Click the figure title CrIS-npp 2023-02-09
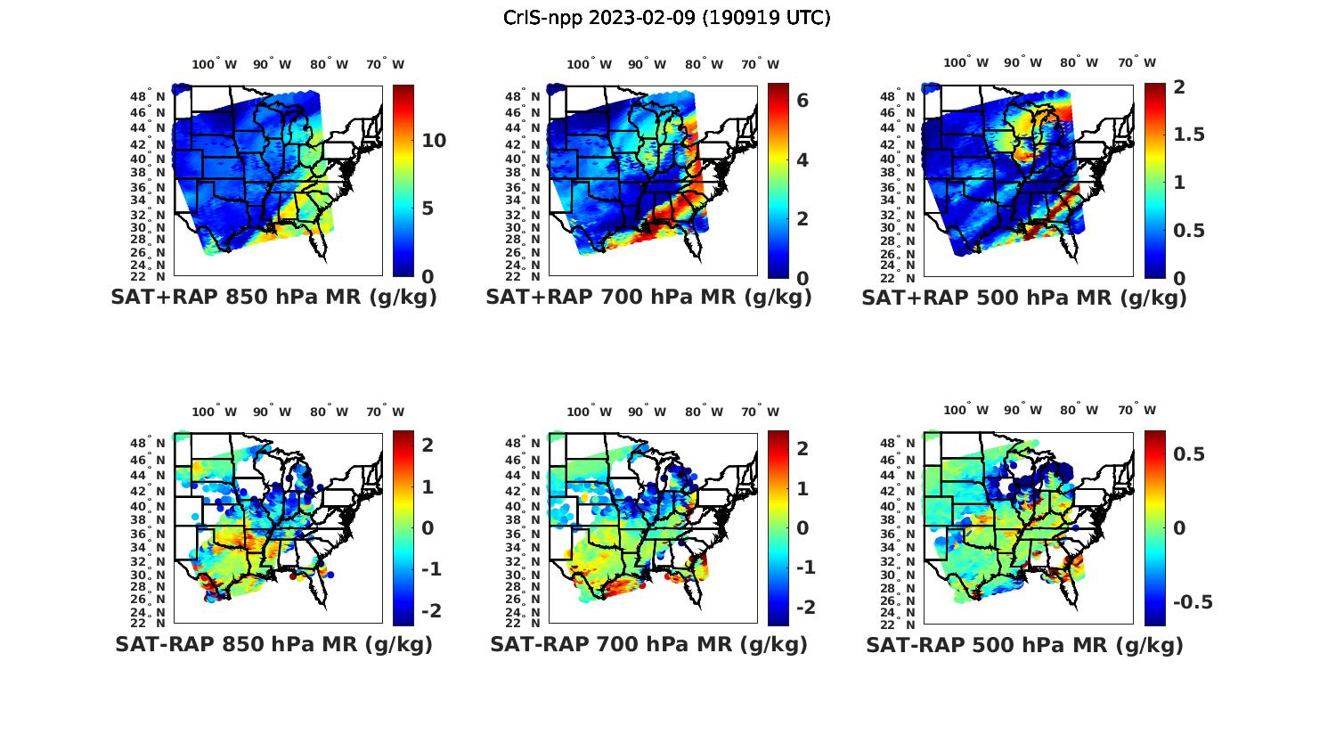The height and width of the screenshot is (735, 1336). pos(666,18)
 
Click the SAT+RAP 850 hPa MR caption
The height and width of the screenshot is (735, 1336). pos(273,298)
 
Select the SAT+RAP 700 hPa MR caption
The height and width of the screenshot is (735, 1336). pos(648,298)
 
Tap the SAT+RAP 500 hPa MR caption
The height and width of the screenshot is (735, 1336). pos(1024,298)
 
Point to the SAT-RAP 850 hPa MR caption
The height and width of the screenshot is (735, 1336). pos(273,644)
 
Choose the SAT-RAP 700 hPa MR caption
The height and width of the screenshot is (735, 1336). pos(648,644)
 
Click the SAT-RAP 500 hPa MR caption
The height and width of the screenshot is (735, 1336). pos(1024,644)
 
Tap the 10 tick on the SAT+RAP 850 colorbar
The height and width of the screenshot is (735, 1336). pos(434,141)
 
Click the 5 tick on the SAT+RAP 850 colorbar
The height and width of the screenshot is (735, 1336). pos(427,208)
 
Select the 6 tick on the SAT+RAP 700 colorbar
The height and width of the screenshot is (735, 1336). pos(802,101)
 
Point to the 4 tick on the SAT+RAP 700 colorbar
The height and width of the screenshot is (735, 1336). pos(802,160)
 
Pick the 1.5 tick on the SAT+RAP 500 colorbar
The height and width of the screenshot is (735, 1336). pos(1189,135)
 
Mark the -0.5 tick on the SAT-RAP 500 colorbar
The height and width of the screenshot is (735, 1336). pos(1193,602)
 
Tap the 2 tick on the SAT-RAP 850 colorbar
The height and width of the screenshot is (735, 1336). pos(428,445)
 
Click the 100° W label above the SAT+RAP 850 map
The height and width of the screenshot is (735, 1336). pos(215,64)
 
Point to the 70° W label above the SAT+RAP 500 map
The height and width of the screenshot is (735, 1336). pos(1137,62)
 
